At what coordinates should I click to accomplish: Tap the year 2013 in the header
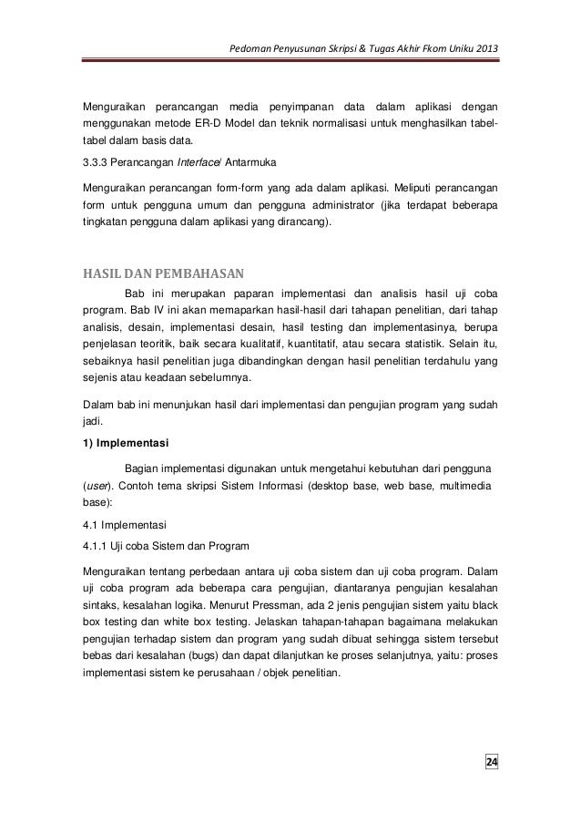tap(485, 48)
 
